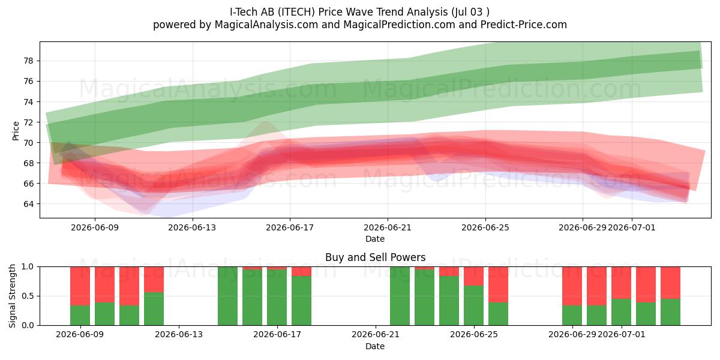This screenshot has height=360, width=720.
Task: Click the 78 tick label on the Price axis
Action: (28, 61)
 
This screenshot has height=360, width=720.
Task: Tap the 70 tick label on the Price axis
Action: (28, 143)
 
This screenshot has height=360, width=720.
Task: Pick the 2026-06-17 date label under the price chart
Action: (290, 227)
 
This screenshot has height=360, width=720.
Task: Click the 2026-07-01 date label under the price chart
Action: (632, 227)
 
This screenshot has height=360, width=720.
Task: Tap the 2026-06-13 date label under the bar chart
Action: (179, 335)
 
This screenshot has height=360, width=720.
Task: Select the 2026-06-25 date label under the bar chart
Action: (474, 335)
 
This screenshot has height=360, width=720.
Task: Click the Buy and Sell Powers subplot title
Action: (375, 257)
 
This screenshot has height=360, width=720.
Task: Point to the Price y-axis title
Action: (16, 131)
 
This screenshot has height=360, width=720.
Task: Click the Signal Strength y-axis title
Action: (12, 296)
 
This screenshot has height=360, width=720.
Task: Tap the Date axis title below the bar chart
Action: (375, 346)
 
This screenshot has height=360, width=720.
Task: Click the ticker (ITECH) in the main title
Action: (295, 12)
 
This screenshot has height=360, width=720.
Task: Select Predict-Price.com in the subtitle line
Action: (524, 25)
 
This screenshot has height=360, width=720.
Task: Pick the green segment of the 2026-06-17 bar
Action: (301, 301)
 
